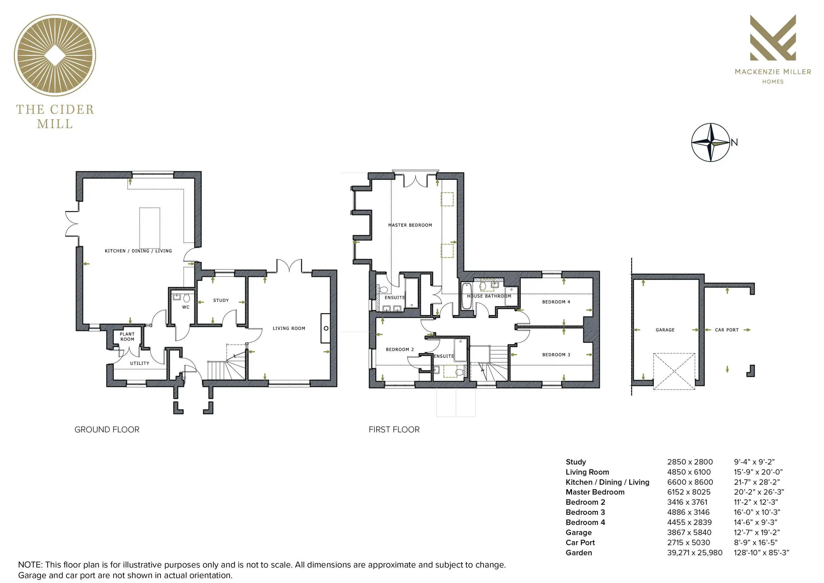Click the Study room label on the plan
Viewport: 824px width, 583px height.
tap(221, 300)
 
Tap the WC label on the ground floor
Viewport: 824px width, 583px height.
tap(185, 307)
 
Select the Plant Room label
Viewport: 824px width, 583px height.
tap(127, 337)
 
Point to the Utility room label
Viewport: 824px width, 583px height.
tap(140, 363)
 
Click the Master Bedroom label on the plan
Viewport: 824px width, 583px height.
tap(410, 225)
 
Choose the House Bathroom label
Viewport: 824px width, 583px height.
tap(489, 296)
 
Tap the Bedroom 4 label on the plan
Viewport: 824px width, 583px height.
tap(556, 302)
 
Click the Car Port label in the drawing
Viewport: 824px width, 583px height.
tap(727, 330)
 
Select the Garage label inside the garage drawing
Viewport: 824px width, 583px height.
tap(665, 330)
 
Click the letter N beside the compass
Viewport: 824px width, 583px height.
tap(734, 142)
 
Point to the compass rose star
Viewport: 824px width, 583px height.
tap(711, 143)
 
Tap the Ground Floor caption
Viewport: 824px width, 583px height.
tap(107, 430)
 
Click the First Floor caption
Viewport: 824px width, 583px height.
tap(394, 430)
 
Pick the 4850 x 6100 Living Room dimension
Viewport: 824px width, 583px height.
tap(689, 472)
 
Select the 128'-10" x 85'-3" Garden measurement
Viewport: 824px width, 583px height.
tap(761, 552)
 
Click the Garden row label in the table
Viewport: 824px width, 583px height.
tap(579, 552)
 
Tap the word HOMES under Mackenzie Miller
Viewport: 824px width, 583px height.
tap(773, 81)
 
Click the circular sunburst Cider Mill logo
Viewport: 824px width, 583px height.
tap(55, 55)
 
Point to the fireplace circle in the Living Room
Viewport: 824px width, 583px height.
tap(326, 328)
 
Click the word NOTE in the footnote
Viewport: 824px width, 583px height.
tap(30, 565)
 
